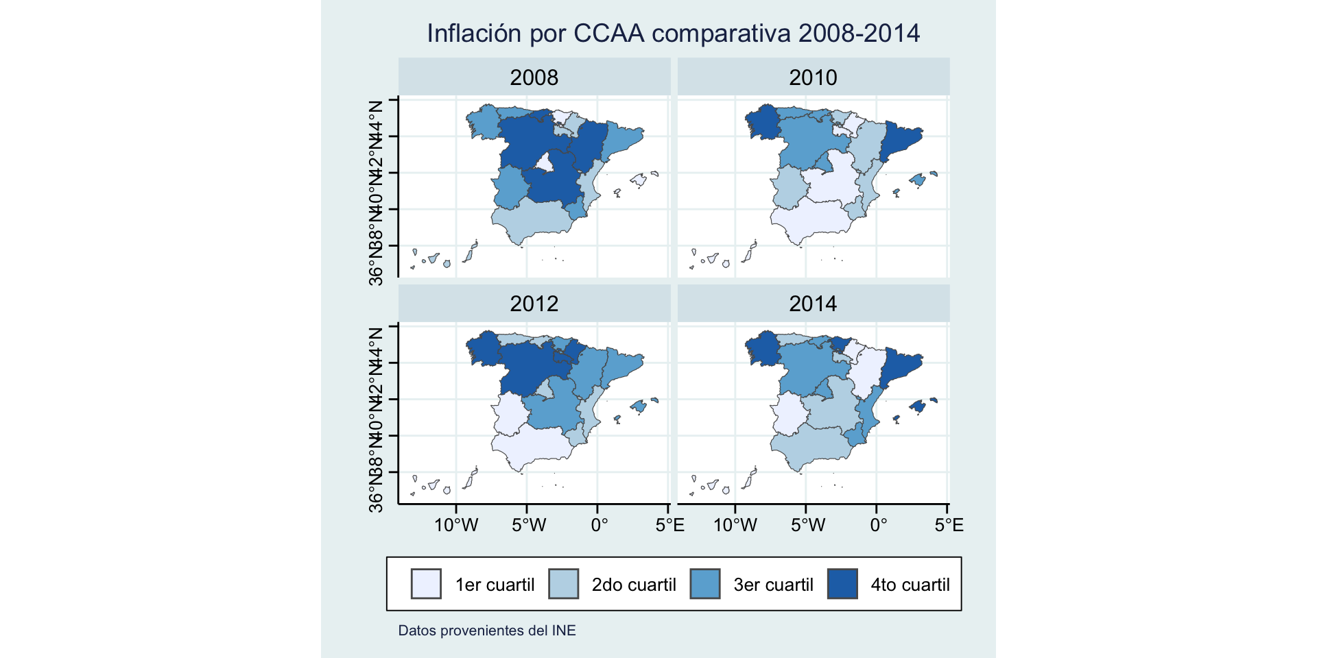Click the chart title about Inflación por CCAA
point(673,34)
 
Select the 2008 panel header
point(534,77)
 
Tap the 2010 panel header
point(813,77)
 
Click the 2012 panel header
point(534,304)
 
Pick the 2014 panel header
point(813,304)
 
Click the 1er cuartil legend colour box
point(426,584)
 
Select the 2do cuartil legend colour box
point(564,584)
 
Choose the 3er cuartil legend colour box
point(705,584)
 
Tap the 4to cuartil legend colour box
point(842,584)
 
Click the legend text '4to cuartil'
point(910,585)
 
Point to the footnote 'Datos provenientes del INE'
point(487,631)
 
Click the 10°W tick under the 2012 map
point(456,525)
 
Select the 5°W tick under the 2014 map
point(807,525)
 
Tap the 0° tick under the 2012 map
point(598,525)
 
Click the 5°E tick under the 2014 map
point(948,525)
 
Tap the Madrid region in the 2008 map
point(546,163)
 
